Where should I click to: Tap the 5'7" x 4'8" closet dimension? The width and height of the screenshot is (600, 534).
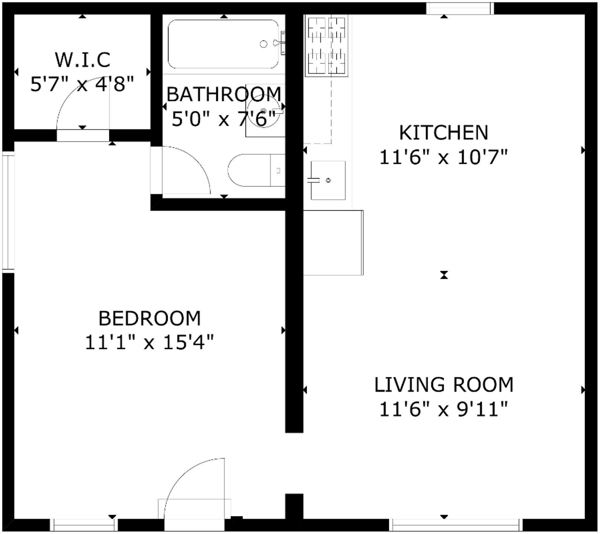[83, 84]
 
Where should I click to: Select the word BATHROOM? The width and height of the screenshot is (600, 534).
[224, 94]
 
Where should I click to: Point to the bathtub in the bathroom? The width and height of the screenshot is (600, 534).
[223, 44]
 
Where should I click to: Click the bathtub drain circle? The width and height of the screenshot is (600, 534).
[263, 44]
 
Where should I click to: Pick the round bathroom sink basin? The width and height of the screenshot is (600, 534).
[263, 111]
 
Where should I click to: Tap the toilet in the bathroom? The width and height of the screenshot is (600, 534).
[256, 170]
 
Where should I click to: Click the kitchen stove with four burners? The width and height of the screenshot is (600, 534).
[327, 45]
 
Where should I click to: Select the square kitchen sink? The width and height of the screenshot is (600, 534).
[328, 180]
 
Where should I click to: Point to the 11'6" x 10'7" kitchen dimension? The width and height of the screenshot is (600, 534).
[444, 157]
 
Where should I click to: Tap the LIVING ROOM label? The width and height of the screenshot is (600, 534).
[444, 385]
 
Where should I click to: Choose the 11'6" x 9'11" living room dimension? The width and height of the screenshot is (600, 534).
[444, 409]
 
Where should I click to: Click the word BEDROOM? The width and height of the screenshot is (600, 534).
[150, 318]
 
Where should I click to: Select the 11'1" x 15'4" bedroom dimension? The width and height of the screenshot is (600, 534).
[150, 343]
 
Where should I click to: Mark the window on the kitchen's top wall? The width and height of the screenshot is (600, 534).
[460, 8]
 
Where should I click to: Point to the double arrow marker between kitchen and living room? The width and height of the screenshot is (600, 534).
[444, 275]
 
